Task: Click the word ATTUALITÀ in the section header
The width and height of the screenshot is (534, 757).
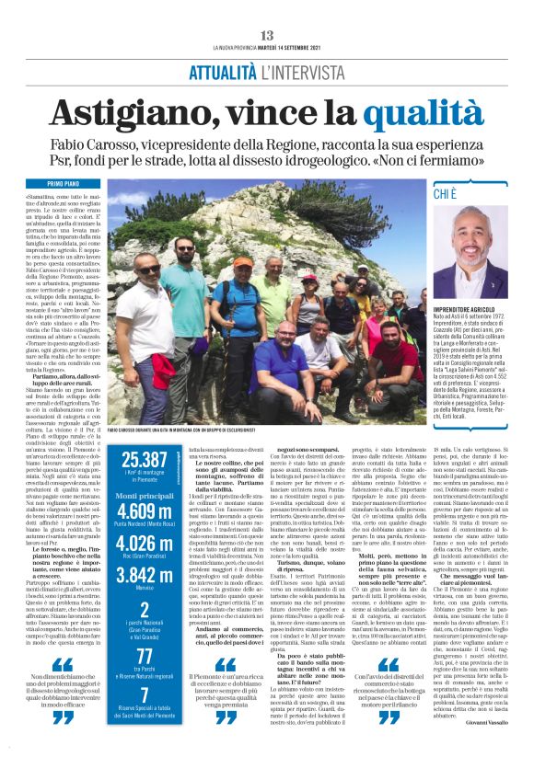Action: tap(222, 73)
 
